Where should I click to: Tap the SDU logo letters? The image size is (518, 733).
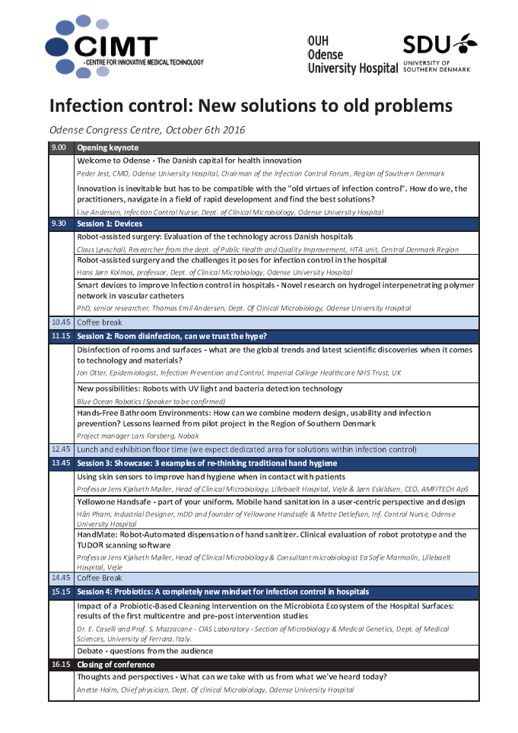(427, 44)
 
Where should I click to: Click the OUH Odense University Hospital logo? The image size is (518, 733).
(351, 55)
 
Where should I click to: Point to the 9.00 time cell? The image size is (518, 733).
(59, 148)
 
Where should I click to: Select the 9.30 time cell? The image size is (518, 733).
(59, 224)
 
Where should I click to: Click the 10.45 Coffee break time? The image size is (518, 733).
(60, 322)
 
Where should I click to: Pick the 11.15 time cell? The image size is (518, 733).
(60, 335)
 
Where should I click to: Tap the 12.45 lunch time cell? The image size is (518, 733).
(60, 449)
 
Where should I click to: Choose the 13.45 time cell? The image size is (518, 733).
(60, 463)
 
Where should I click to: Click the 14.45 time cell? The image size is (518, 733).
(60, 578)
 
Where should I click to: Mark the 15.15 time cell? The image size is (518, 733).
(60, 592)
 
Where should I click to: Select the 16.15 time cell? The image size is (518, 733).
(60, 665)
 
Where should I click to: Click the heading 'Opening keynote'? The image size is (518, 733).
(108, 148)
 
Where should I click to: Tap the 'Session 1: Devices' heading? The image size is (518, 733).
(110, 224)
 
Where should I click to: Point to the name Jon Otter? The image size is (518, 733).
(91, 373)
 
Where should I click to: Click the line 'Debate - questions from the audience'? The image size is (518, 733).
(145, 651)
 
